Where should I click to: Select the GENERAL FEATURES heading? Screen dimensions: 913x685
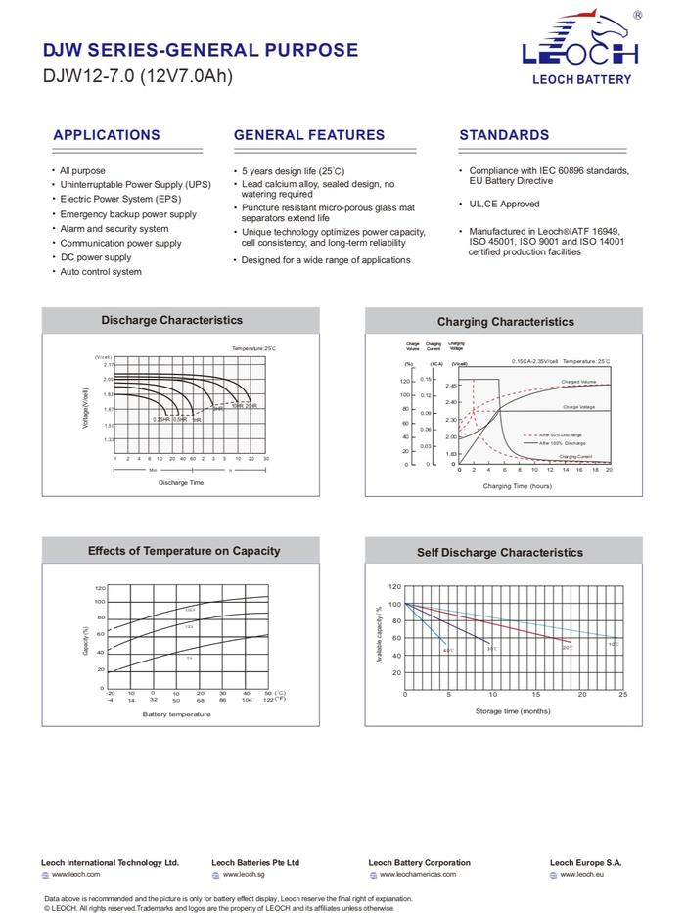[309, 135]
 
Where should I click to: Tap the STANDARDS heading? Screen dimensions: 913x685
[504, 135]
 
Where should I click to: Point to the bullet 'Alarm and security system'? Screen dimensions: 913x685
[114, 229]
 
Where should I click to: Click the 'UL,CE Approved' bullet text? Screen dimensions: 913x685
[504, 205]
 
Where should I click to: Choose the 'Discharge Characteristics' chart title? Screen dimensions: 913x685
[171, 320]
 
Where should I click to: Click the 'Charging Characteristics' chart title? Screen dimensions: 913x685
[505, 322]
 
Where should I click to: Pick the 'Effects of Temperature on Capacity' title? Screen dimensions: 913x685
[184, 551]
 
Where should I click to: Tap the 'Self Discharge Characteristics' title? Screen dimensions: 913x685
[499, 553]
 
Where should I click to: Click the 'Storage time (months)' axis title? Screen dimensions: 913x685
[513, 711]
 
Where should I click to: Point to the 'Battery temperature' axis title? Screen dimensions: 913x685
[176, 714]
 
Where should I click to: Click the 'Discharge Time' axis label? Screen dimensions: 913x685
[181, 483]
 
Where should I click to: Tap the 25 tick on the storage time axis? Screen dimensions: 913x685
[623, 695]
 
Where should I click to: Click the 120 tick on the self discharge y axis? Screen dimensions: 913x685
[394, 587]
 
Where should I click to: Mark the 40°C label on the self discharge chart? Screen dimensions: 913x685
[448, 651]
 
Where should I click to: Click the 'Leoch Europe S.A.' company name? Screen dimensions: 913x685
[585, 863]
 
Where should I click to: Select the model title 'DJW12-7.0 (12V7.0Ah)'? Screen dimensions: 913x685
[138, 76]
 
